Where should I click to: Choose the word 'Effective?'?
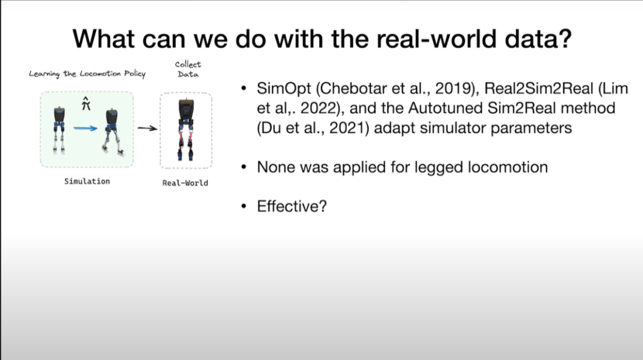coord(292,206)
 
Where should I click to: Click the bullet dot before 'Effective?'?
coord(244,206)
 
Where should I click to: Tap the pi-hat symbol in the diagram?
coord(86,104)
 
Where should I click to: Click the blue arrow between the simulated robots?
coord(85,129)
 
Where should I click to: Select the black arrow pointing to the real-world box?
coord(147,129)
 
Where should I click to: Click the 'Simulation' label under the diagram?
coord(87,181)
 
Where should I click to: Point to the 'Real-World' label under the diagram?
coord(185,183)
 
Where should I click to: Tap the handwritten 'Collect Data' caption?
coord(188,69)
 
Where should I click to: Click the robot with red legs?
coord(186,130)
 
